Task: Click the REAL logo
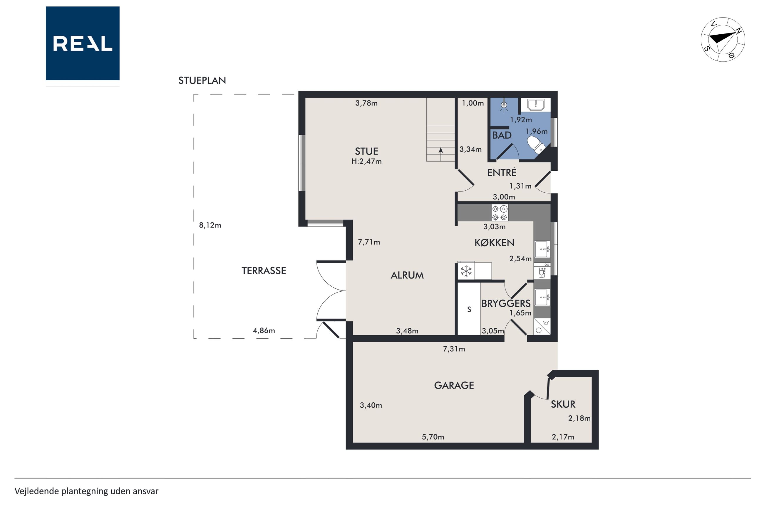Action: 83,43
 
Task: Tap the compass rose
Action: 723,40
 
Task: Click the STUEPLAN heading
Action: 202,80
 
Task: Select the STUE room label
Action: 366,151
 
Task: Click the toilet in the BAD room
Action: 536,145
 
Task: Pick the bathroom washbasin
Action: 535,105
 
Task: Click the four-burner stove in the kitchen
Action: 499,213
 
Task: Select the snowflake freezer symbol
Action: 466,271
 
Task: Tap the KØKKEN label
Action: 494,243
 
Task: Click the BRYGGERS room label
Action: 506,303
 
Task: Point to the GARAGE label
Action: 454,385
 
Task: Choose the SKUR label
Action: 563,404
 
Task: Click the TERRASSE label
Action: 264,271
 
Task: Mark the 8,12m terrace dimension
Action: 210,225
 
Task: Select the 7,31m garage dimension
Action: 454,349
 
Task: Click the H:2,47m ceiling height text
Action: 366,161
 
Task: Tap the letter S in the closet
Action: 469,309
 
